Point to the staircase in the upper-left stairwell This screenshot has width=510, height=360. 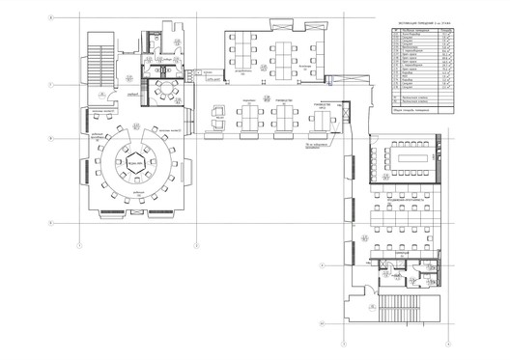(95, 63)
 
